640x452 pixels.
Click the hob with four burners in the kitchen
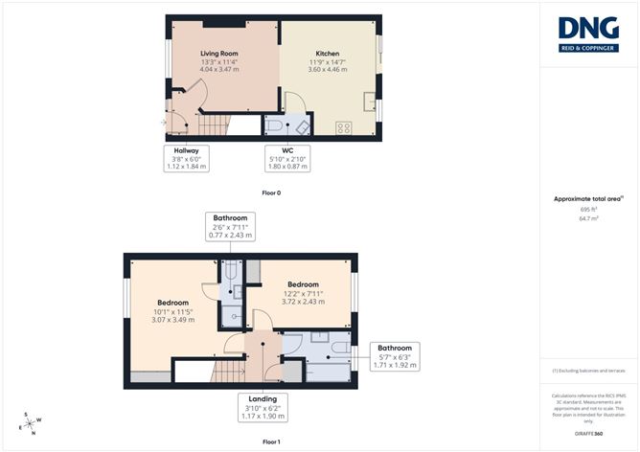point(343,127)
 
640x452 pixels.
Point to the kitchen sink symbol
point(370,101)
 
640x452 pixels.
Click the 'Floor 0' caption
point(271,192)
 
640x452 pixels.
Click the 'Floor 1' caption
point(271,442)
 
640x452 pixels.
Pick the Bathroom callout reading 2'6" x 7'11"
point(230,227)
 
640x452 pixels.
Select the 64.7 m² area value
point(588,218)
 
